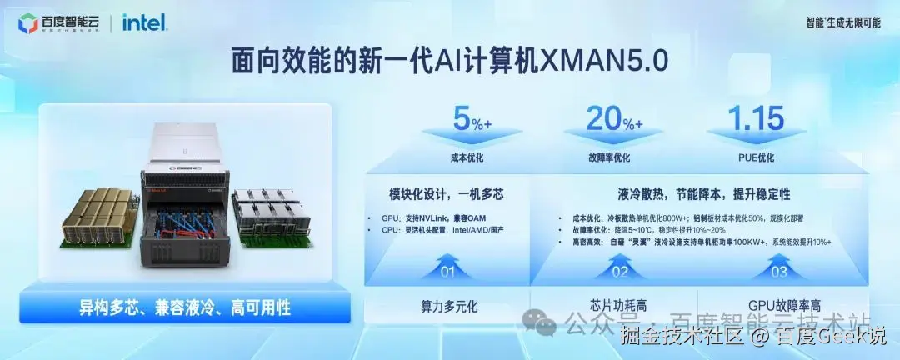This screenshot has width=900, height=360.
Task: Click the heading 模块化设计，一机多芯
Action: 447,195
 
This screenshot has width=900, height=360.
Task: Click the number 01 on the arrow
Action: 447,271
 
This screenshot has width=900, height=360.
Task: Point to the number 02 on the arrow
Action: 620,271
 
